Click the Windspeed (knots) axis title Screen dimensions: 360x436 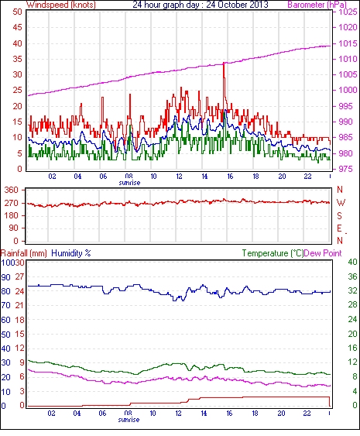(61, 5)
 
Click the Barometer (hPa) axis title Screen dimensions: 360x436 (317, 5)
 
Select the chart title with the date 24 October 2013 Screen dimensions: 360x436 (201, 5)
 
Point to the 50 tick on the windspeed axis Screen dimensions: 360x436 (17, 12)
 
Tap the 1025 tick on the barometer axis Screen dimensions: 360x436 (348, 12)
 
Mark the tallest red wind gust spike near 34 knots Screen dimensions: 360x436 (224, 64)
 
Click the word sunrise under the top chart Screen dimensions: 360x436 (129, 183)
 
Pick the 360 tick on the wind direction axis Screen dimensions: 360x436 (12, 191)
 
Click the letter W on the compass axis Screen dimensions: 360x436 (341, 203)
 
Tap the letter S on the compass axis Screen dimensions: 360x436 (339, 215)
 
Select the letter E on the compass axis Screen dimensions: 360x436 (339, 228)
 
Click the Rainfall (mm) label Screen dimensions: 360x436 (24, 253)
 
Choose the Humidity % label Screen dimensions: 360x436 (71, 253)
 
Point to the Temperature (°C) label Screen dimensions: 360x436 (273, 253)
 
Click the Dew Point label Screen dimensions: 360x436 (323, 253)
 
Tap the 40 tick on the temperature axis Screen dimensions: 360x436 (353, 262)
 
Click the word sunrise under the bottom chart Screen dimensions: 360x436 (129, 420)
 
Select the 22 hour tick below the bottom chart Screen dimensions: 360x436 (307, 414)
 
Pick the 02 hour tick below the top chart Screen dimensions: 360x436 (52, 177)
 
